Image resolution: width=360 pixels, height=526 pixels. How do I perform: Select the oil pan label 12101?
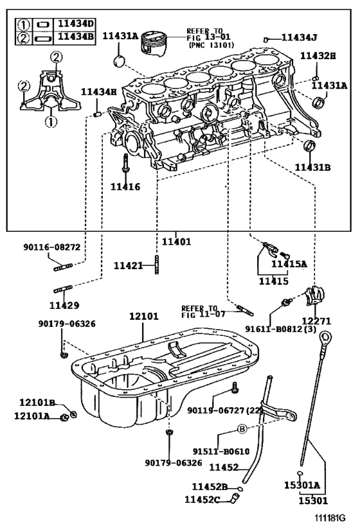143,317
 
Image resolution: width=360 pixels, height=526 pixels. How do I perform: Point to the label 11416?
125,187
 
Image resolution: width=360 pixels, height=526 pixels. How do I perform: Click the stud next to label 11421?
156,265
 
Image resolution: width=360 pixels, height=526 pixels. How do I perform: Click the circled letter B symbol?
242,428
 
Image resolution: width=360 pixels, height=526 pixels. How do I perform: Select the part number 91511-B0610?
221,451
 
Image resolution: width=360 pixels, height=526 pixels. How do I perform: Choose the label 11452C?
203,499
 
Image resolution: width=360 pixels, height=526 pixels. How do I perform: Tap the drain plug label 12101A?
32,416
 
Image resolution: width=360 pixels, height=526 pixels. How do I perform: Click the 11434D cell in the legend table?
74,24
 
